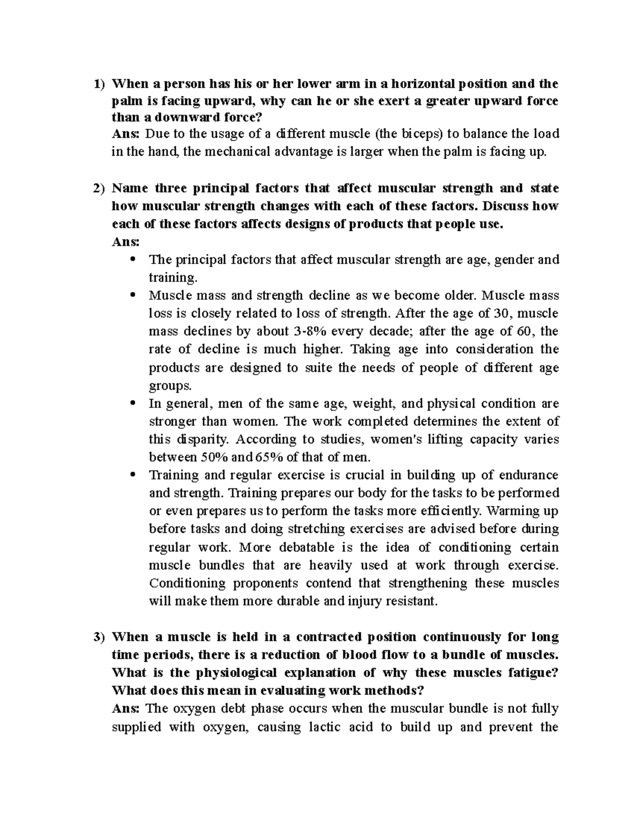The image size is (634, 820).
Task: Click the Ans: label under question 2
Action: [126, 242]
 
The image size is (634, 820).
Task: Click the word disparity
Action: [209, 439]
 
